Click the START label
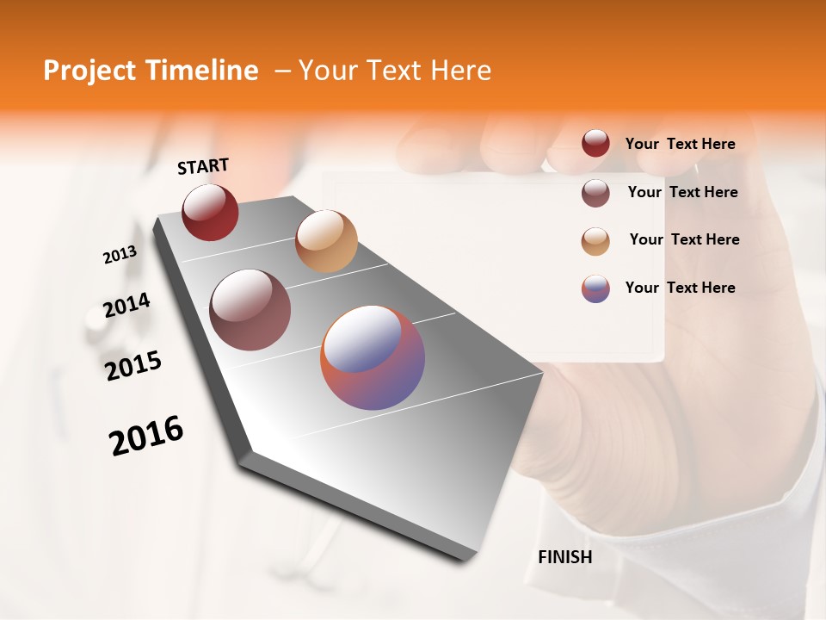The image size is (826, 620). (203, 166)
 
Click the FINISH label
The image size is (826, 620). (564, 557)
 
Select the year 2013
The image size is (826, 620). (120, 255)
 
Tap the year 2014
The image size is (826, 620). (126, 305)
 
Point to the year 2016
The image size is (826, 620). (146, 436)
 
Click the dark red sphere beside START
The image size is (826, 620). (210, 212)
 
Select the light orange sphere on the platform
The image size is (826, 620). (326, 241)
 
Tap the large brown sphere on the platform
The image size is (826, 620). (250, 310)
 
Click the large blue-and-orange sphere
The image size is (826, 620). (373, 357)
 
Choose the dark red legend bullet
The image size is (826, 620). (595, 143)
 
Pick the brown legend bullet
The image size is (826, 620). (595, 193)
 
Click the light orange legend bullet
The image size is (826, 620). (595, 241)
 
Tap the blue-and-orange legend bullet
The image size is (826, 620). (595, 288)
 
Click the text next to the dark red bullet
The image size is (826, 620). (680, 144)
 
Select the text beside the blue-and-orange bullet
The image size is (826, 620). (680, 288)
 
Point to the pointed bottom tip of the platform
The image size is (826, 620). (465, 560)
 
